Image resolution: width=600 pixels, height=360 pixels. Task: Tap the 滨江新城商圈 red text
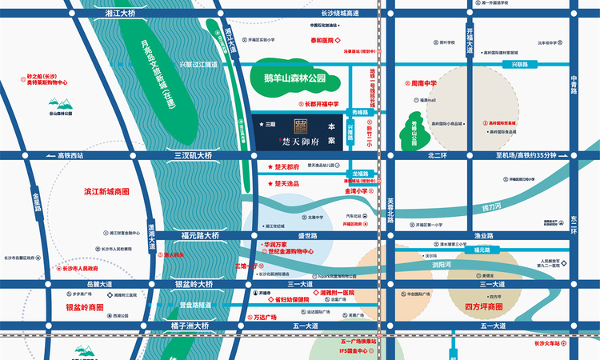click(106, 193)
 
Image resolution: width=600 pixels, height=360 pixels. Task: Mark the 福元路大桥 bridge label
click(199, 236)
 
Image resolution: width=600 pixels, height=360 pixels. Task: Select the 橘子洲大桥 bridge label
click(190, 326)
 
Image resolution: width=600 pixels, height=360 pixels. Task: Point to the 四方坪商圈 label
click(483, 307)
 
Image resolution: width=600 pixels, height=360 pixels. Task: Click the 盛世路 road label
click(308, 236)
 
